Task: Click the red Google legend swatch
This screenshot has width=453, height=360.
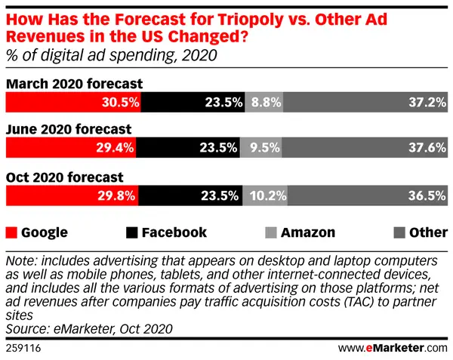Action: [x=11, y=232]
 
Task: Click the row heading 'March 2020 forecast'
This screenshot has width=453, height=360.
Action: [x=75, y=83]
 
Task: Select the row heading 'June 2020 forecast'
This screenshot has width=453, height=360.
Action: [x=69, y=129]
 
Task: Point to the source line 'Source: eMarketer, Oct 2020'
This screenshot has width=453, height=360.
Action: [x=89, y=329]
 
